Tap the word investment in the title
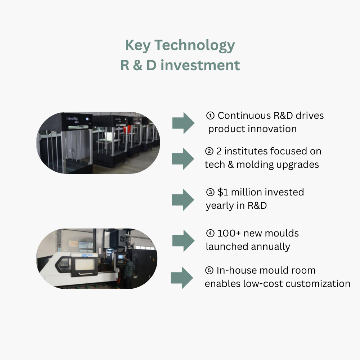click(201, 66)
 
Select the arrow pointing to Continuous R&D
click(183, 123)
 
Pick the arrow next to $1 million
click(183, 199)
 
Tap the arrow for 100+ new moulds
click(183, 240)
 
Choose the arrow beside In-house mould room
click(182, 278)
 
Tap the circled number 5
click(209, 271)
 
